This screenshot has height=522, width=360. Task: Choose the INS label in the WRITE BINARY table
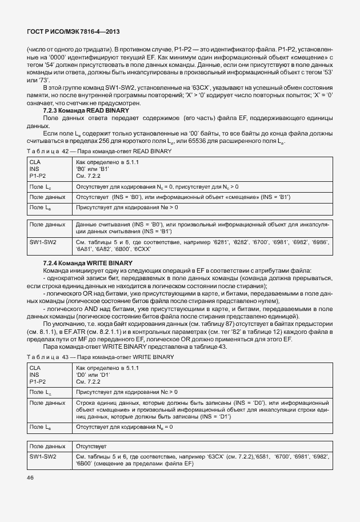(34, 374)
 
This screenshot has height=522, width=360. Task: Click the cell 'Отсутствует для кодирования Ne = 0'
(125, 427)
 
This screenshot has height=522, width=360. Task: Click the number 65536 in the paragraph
(189, 141)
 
